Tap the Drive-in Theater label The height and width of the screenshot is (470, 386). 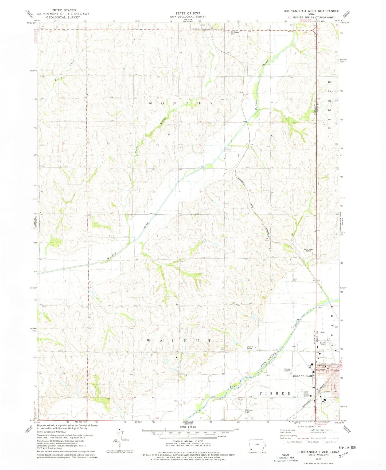click(x=249, y=348)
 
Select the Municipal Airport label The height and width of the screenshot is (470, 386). click(x=247, y=411)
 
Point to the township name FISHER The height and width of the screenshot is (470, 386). click(x=275, y=393)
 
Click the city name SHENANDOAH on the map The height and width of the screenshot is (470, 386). click(x=302, y=376)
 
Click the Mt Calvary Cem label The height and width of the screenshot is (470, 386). click(x=235, y=33)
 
